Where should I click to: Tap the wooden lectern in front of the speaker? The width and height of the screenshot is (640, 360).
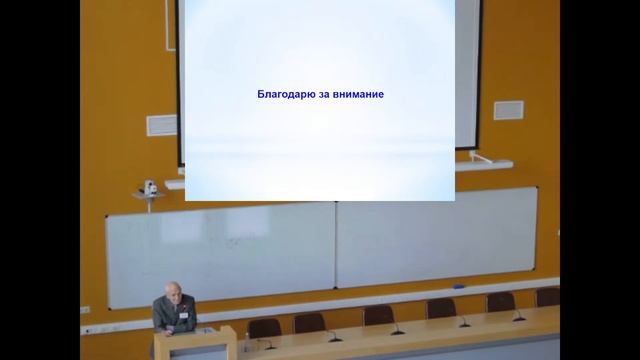194,345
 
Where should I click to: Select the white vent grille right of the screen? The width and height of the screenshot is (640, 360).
508,109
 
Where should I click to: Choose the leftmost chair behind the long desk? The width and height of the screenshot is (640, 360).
263,327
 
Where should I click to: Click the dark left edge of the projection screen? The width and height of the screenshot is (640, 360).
182,80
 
